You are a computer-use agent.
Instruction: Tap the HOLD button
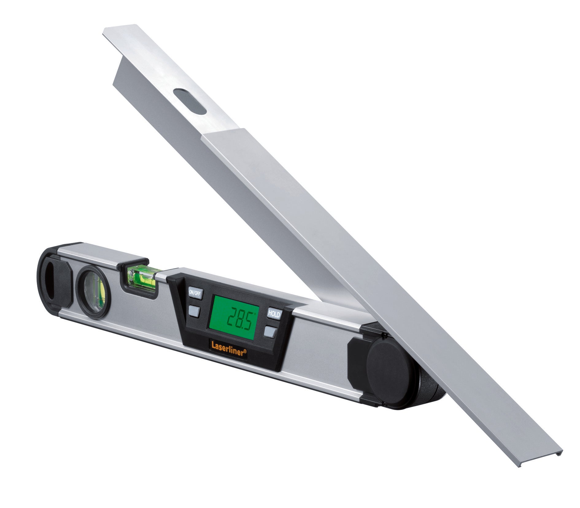(274, 314)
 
